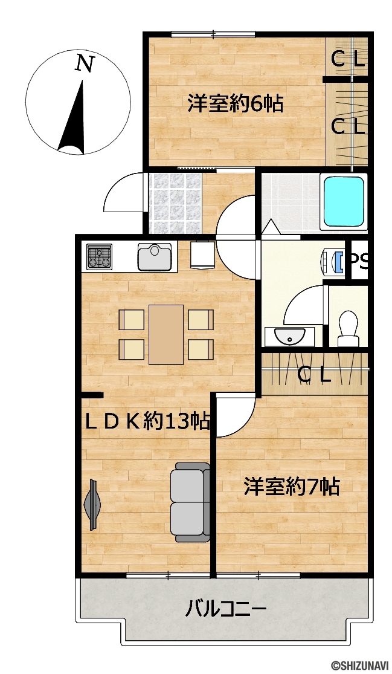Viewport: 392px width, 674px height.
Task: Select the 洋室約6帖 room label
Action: (x=236, y=103)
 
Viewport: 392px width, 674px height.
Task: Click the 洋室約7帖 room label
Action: (x=292, y=487)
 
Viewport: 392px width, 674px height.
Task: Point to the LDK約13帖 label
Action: (x=147, y=422)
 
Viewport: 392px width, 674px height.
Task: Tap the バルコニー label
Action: (x=226, y=609)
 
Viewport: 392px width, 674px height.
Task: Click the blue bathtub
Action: (x=344, y=201)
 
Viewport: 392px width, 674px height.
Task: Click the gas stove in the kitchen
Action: (x=99, y=257)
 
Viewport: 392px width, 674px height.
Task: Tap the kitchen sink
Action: (x=155, y=257)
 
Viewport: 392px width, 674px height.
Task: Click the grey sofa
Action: (x=190, y=502)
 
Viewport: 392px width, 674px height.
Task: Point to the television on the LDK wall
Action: (x=92, y=504)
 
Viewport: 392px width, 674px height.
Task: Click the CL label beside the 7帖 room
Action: (x=314, y=376)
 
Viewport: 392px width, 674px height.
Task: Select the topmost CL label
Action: (x=349, y=59)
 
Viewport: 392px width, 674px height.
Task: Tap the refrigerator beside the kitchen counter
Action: (x=202, y=254)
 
